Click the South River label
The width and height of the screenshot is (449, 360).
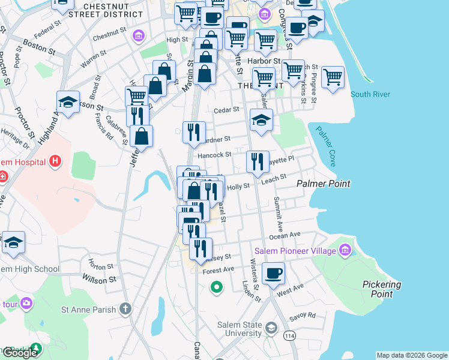[x=370, y=94]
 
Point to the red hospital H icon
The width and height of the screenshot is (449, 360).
[x=55, y=161]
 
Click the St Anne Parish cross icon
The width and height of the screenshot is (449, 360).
[x=125, y=309]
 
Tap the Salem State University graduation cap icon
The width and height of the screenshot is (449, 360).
[x=271, y=328]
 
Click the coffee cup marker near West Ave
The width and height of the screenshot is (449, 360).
[x=273, y=273]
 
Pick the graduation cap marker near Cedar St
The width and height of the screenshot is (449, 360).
[x=261, y=120]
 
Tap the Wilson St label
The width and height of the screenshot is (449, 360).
[x=99, y=279]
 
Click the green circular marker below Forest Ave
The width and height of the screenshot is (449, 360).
[x=216, y=288]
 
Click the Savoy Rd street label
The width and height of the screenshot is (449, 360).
[x=303, y=314]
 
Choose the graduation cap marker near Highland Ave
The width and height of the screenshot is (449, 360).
[x=68, y=102]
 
